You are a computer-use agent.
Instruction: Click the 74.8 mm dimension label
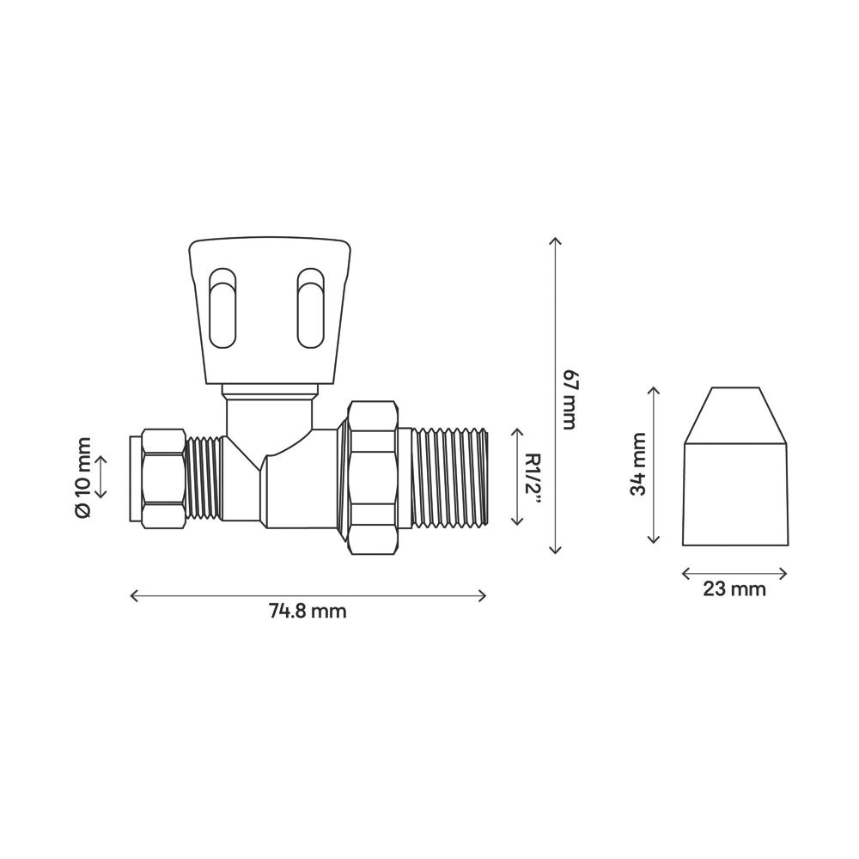coord(308,610)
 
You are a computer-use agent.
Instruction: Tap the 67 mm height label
coord(570,399)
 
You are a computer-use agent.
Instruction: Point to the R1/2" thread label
coord(533,479)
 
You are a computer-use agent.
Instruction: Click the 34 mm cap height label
coord(638,463)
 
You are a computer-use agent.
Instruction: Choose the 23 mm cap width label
coord(734,589)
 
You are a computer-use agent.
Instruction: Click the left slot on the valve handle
coord(223,308)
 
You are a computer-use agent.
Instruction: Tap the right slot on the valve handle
coord(311,308)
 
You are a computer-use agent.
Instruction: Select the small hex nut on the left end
coord(163,478)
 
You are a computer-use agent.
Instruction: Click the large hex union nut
coord(374,478)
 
